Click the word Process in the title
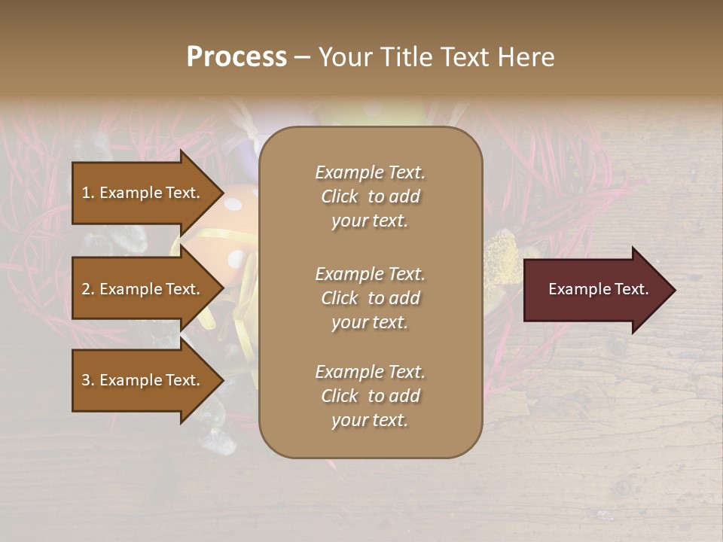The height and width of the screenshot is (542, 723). pos(236,57)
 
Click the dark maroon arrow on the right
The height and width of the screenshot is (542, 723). pos(595,290)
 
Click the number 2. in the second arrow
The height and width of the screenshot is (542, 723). pos(88,289)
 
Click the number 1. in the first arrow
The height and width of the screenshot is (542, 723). pos(88,193)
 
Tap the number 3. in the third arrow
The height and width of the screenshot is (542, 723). pos(88,380)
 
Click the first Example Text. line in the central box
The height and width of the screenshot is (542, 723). pos(370,172)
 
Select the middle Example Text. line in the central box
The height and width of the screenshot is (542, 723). pos(370,273)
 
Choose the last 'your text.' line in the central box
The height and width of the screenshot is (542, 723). pos(370,420)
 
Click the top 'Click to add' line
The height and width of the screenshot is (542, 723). pos(370,196)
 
